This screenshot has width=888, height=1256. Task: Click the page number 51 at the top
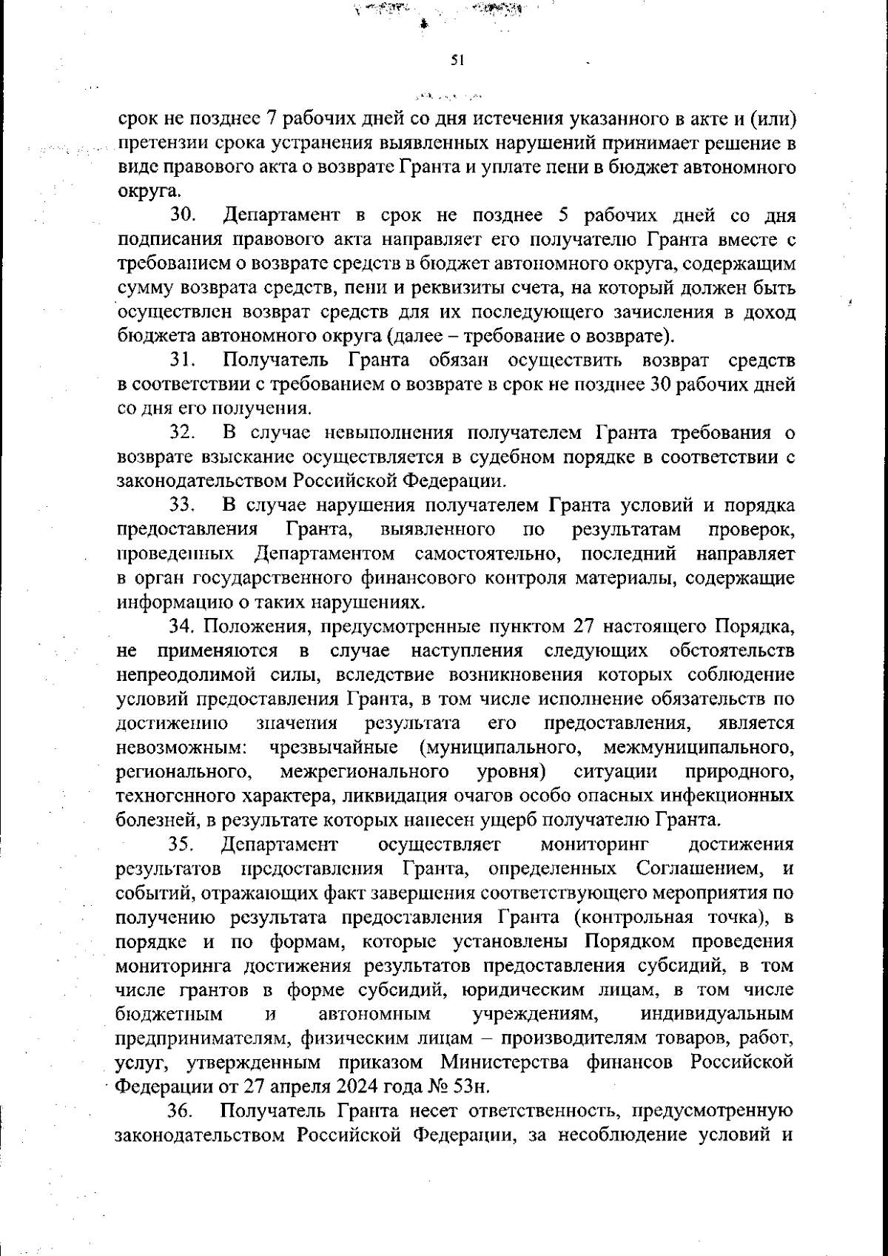(457, 61)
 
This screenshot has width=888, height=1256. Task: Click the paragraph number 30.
(183, 215)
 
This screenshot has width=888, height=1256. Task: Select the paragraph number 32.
(182, 433)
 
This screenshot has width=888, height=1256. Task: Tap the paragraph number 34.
(182, 627)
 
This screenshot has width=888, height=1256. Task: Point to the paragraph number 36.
(181, 1111)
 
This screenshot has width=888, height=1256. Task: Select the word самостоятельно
(488, 554)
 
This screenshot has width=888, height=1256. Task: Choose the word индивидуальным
(717, 1013)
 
